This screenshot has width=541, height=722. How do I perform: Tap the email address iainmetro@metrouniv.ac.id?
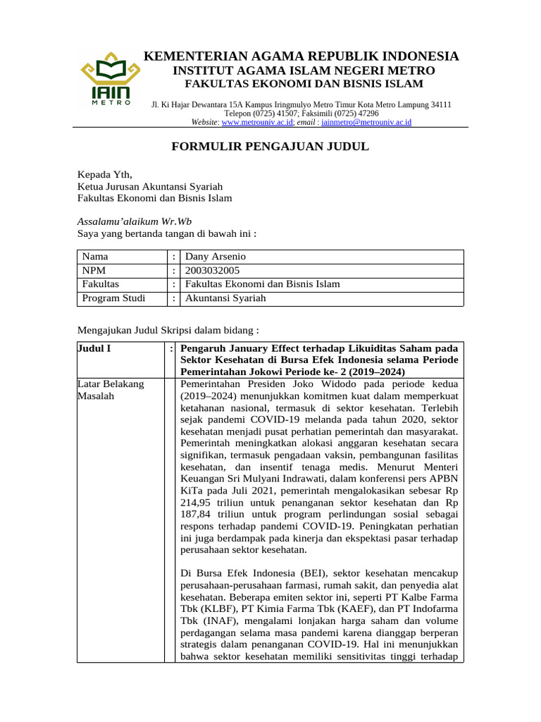366,122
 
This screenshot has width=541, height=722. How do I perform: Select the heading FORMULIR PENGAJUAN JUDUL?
270,147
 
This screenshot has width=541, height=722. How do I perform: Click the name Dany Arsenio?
216,257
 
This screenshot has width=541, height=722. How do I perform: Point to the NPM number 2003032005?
212,270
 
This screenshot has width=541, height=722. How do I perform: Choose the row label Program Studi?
114,298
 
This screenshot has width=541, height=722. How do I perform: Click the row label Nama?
95,257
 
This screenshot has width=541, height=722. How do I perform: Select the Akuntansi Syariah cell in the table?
225,298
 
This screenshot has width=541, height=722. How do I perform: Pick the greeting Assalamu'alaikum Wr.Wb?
134,221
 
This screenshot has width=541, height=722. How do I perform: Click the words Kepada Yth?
104,174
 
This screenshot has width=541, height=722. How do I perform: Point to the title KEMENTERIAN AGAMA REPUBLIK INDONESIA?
301,56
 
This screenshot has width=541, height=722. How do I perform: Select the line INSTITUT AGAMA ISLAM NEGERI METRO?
304,71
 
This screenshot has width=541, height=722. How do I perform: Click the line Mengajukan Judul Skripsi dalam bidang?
168,329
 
